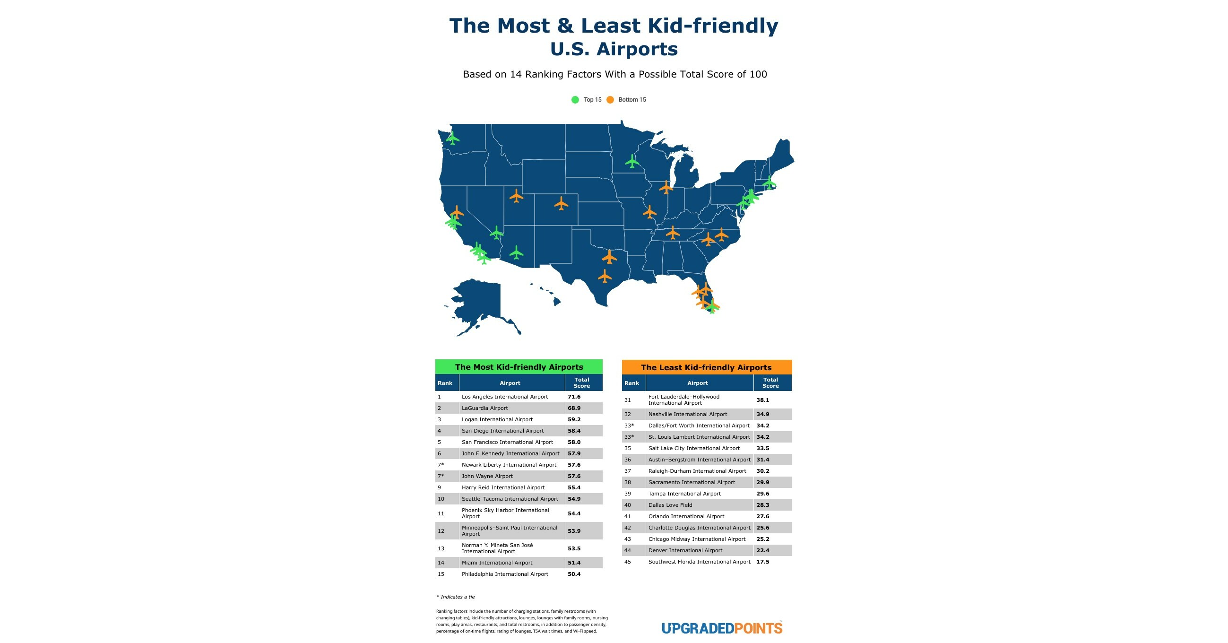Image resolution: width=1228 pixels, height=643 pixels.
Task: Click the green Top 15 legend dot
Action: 575,100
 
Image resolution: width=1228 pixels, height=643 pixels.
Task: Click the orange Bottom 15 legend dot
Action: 610,100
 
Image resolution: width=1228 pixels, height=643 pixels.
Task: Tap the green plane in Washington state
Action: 452,139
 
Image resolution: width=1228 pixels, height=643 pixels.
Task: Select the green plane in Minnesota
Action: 632,162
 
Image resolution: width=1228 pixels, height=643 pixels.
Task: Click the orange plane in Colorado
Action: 561,204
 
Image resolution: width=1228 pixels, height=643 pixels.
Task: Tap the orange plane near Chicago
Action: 666,187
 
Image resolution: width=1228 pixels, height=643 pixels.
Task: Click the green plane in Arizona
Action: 516,252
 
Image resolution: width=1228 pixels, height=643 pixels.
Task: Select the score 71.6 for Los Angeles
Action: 574,397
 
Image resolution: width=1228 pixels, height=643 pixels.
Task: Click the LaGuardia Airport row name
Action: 484,408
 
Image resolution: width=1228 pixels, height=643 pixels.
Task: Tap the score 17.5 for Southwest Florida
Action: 762,562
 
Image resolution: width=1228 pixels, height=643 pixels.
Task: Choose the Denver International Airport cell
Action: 685,550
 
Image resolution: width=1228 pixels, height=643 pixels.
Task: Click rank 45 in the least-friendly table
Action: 627,562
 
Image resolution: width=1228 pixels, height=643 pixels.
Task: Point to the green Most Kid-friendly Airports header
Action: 519,367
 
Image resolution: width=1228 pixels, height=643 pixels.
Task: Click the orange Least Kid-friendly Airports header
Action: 706,367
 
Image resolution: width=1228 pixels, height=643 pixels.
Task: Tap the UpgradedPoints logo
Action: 722,628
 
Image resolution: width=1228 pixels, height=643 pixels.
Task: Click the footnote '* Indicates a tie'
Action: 456,597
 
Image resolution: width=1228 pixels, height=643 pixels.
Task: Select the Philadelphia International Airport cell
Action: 504,574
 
